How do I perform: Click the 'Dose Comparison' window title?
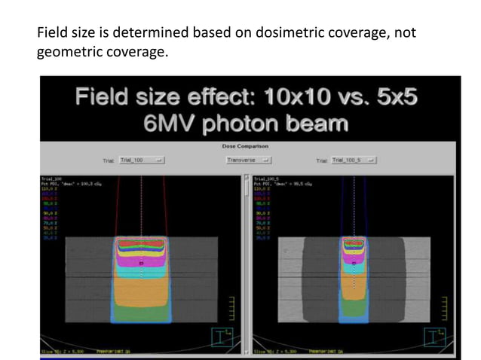click(x=245, y=146)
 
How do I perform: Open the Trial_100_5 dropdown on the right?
click(x=354, y=160)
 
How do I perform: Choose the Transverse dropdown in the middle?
click(x=249, y=160)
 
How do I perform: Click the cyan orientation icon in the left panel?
click(x=224, y=337)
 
